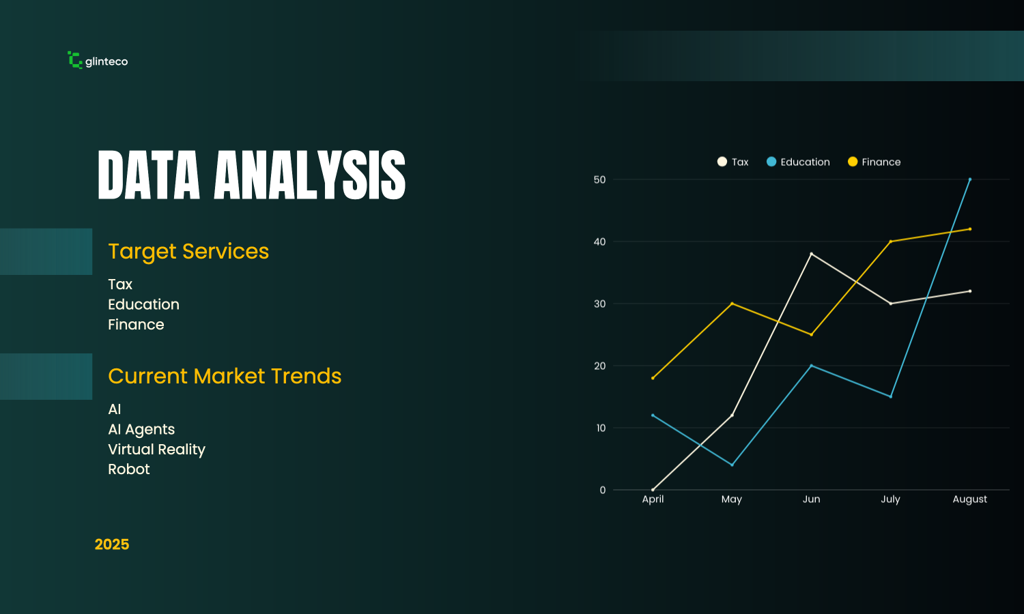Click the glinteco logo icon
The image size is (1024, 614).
[x=75, y=60]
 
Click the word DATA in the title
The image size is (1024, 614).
[x=149, y=176]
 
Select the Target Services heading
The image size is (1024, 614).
[x=188, y=252]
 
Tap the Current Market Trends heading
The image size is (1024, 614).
[x=225, y=377]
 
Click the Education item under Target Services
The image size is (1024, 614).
[x=143, y=304]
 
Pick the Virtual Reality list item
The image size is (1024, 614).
[x=156, y=450]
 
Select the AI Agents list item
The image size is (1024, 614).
[x=141, y=429]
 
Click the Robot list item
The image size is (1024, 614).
[x=128, y=469]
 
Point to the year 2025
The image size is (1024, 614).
[x=112, y=544]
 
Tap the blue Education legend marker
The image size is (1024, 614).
[x=771, y=162]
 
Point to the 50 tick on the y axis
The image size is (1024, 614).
[x=599, y=179]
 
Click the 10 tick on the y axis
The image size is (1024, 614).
[x=600, y=428]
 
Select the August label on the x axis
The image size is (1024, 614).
[x=969, y=499]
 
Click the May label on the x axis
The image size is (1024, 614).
[x=731, y=499]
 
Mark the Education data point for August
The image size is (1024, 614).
[x=970, y=179]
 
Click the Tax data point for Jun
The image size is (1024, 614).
[x=811, y=254]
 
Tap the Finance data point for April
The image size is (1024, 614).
[x=653, y=378]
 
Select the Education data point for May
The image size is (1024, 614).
[x=732, y=465]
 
